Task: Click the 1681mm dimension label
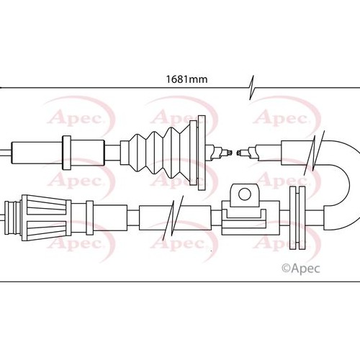pos(186,79)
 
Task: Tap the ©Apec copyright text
pos(301,269)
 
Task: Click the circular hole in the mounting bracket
pos(245,194)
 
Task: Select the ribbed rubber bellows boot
pos(158,153)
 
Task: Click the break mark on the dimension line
pos(251,87)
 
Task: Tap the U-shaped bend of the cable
pos(343,185)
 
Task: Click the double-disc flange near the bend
pos(297,217)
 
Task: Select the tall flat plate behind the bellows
pos(202,153)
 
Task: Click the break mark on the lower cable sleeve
pos(173,217)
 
